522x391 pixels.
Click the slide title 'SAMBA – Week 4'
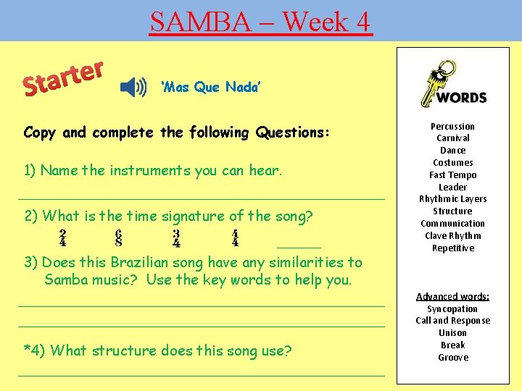coord(260,22)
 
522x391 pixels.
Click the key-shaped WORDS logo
coord(452,88)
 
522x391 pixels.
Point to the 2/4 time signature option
coord(63,238)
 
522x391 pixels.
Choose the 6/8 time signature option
coord(118,238)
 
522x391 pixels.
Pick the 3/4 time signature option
coord(176,238)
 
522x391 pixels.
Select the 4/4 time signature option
coord(235,238)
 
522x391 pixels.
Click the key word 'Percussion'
coord(452,127)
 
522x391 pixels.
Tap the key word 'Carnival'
coord(452,138)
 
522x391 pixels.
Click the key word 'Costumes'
coord(452,163)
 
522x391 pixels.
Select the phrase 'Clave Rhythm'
coord(452,236)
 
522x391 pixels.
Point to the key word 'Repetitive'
coord(452,248)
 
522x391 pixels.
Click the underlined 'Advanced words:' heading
coord(452,297)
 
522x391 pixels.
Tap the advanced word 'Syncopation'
coord(452,309)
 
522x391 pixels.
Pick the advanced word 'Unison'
coord(452,333)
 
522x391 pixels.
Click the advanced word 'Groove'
coord(452,358)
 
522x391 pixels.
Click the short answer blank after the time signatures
coord(299,246)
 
